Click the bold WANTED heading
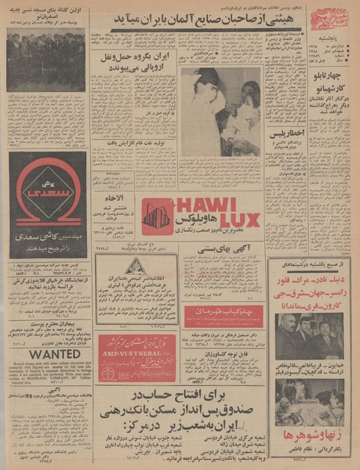click(x=45, y=355)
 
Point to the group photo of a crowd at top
click(x=45, y=61)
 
